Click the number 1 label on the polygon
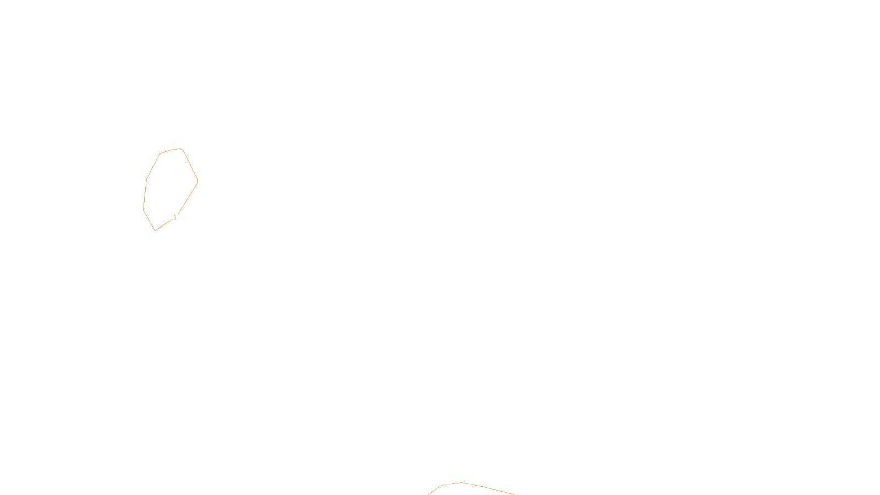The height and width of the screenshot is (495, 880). click(175, 217)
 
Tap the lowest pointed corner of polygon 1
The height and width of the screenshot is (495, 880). click(155, 230)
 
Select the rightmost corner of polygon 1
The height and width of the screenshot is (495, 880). click(197, 181)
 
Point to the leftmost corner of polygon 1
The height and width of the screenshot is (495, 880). click(144, 210)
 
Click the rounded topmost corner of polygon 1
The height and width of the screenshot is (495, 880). click(181, 149)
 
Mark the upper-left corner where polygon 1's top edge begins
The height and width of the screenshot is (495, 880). click(160, 153)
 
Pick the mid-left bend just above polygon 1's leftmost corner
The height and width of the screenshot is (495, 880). click(146, 179)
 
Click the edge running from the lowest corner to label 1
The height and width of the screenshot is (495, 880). click(164, 225)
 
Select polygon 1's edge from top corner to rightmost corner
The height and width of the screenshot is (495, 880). click(190, 166)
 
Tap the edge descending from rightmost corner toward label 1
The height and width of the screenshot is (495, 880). click(188, 197)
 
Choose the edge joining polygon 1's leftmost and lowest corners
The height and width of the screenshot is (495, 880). click(149, 220)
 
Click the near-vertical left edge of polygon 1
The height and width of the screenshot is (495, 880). click(145, 195)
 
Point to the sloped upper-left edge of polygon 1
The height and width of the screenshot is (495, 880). click(153, 167)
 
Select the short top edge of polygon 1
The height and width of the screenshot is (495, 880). click(170, 150)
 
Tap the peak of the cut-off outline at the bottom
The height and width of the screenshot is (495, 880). click(461, 482)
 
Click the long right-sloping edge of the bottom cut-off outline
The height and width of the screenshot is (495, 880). click(488, 488)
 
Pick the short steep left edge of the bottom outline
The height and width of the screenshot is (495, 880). click(435, 490)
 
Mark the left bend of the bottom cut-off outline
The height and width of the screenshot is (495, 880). click(442, 485)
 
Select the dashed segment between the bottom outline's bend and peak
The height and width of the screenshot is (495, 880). click(452, 483)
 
